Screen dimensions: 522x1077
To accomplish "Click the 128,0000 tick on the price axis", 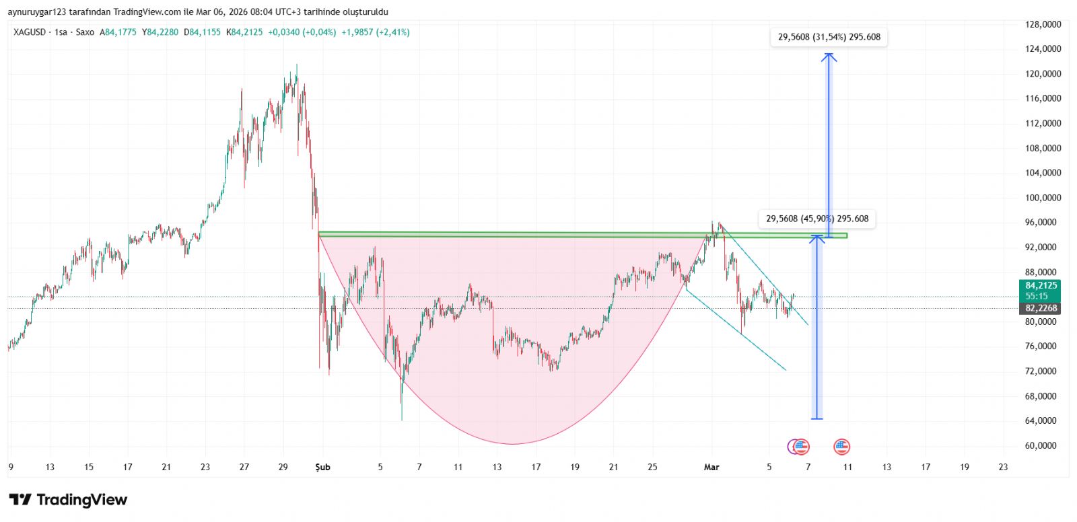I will tap(1043, 24).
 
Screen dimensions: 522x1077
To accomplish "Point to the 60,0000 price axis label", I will tap(1043, 445).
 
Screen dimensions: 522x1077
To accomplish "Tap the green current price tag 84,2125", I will tap(1041, 286).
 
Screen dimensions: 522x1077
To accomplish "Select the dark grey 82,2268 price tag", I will tap(1041, 308).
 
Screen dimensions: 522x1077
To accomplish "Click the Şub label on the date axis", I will tap(323, 467).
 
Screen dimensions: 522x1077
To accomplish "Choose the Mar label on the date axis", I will tap(711, 467).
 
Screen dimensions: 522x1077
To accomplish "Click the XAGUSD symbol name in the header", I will tap(30, 32).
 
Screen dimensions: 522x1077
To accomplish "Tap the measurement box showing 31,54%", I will tap(829, 37).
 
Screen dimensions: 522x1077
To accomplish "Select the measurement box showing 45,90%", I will tap(817, 219).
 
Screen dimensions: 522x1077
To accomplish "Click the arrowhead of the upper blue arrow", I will tap(829, 56).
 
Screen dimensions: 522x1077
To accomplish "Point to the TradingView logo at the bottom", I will tap(68, 500).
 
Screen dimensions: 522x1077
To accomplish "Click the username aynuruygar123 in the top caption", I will tap(37, 12).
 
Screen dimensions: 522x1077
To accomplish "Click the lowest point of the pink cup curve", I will tap(513, 444).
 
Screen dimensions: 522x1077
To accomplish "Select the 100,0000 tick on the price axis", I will tap(1043, 198).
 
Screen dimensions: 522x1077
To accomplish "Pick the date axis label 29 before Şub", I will tap(283, 467).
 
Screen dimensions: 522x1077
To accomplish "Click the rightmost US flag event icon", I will tap(841, 446).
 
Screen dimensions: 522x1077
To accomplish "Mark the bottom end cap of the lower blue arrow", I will tap(817, 419).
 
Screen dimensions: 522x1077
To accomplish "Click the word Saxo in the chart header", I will tap(85, 32).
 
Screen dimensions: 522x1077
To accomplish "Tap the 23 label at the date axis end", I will tap(1003, 467).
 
